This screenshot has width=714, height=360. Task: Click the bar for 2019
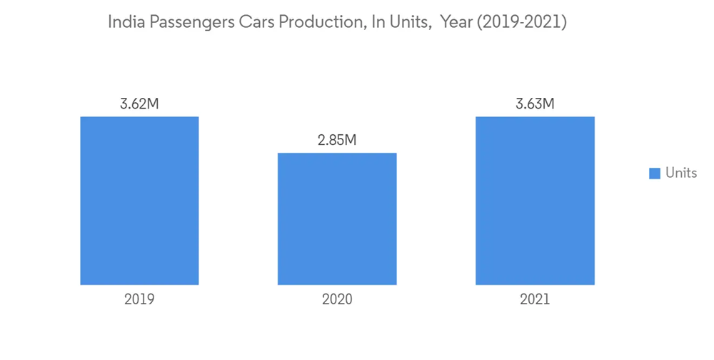(139, 201)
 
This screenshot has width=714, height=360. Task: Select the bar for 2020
(337, 219)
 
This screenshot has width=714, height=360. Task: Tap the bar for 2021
(535, 201)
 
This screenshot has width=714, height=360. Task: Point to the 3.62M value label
(139, 104)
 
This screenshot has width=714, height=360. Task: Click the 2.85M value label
(337, 140)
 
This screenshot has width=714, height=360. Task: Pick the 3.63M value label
(535, 104)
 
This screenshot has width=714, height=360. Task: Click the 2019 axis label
(139, 300)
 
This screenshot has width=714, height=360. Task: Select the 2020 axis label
(337, 300)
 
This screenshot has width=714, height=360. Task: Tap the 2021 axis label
(535, 300)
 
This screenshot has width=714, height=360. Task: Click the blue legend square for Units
(654, 174)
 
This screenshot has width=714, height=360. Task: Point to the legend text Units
(680, 174)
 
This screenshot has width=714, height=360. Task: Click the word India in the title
(124, 23)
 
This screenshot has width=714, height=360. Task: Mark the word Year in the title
(455, 23)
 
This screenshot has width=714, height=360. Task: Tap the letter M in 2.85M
(350, 140)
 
